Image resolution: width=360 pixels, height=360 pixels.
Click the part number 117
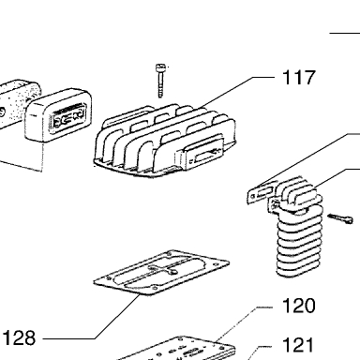tap(298, 78)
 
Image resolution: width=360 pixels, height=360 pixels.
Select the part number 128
tap(19, 338)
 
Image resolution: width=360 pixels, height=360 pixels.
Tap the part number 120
tap(298, 306)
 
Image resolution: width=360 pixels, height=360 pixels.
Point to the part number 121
tap(297, 345)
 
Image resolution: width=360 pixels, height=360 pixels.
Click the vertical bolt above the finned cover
tap(160, 81)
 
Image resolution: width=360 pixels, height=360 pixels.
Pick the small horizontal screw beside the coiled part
tap(340, 218)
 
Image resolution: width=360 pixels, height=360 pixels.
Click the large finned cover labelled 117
tap(165, 142)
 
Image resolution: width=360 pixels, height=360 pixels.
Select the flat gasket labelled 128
tap(161, 272)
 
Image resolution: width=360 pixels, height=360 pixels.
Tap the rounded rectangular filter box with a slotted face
tap(58, 115)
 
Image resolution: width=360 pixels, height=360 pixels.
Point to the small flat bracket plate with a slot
tap(262, 194)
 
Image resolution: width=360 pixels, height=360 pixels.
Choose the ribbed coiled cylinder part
tap(299, 227)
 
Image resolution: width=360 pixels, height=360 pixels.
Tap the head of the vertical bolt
tap(160, 67)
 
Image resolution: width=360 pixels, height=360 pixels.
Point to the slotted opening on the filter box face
tap(69, 116)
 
